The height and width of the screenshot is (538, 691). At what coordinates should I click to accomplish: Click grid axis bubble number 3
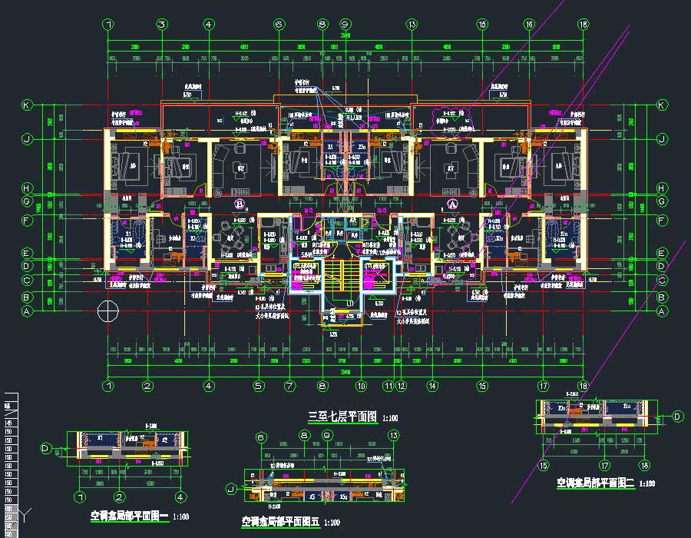(x=162, y=25)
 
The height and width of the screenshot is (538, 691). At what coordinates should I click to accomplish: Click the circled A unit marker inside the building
(x=452, y=204)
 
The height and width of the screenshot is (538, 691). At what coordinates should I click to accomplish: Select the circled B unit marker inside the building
(x=240, y=204)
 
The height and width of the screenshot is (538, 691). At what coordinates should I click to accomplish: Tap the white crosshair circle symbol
(x=108, y=311)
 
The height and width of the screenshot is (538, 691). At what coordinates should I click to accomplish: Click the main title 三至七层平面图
(x=342, y=417)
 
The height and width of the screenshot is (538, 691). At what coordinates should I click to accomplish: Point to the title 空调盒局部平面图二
(x=593, y=484)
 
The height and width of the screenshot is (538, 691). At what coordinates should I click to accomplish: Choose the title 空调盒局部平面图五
(x=279, y=522)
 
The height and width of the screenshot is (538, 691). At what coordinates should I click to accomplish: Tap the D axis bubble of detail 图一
(x=46, y=447)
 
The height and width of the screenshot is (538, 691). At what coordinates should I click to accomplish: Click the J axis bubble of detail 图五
(x=230, y=487)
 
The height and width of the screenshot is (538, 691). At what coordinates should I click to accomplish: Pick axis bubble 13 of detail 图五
(x=394, y=437)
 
